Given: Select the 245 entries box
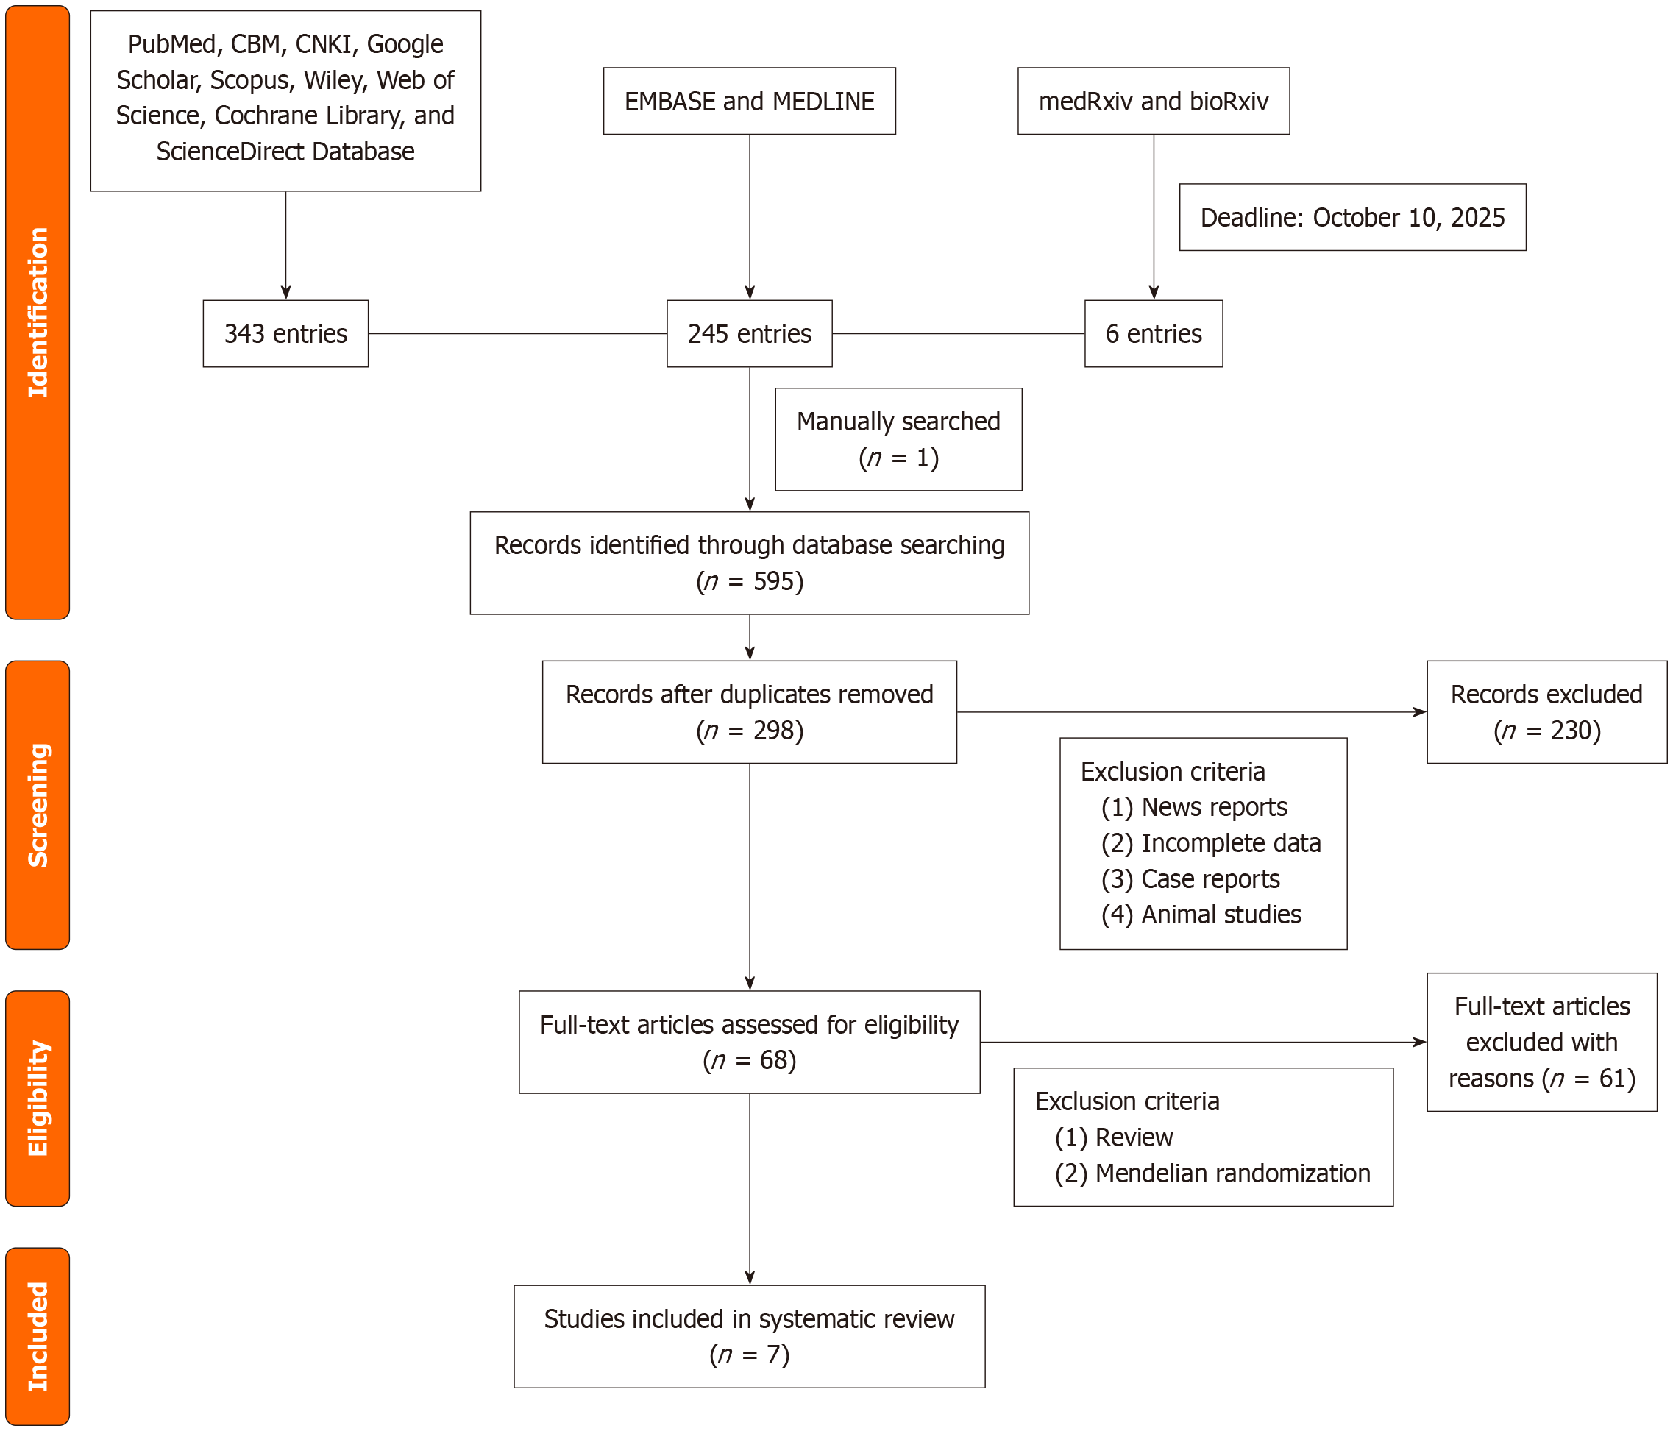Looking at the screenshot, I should tap(748, 333).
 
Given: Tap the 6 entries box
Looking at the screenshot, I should tap(1152, 333).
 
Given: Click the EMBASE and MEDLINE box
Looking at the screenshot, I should tap(748, 101).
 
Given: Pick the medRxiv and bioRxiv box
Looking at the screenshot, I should tap(1152, 101).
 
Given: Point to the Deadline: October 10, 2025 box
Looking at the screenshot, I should tap(1351, 217).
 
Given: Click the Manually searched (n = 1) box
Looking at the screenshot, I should tap(898, 439).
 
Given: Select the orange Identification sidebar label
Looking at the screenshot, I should tap(37, 313).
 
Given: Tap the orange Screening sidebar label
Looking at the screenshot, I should tap(37, 804).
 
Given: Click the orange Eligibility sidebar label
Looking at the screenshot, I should tap(37, 1098).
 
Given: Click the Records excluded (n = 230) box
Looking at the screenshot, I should tap(1546, 711).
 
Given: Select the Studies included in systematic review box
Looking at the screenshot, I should tap(748, 1335).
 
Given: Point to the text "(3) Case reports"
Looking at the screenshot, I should tap(1190, 878).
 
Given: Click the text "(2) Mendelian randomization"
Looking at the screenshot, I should tap(1211, 1173).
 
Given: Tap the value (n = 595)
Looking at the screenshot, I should tap(748, 581).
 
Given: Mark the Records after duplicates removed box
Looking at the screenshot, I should tap(748, 711).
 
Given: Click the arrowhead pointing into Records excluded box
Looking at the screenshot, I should tap(1419, 711).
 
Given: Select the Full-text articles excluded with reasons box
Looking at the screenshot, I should tap(1541, 1042).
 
